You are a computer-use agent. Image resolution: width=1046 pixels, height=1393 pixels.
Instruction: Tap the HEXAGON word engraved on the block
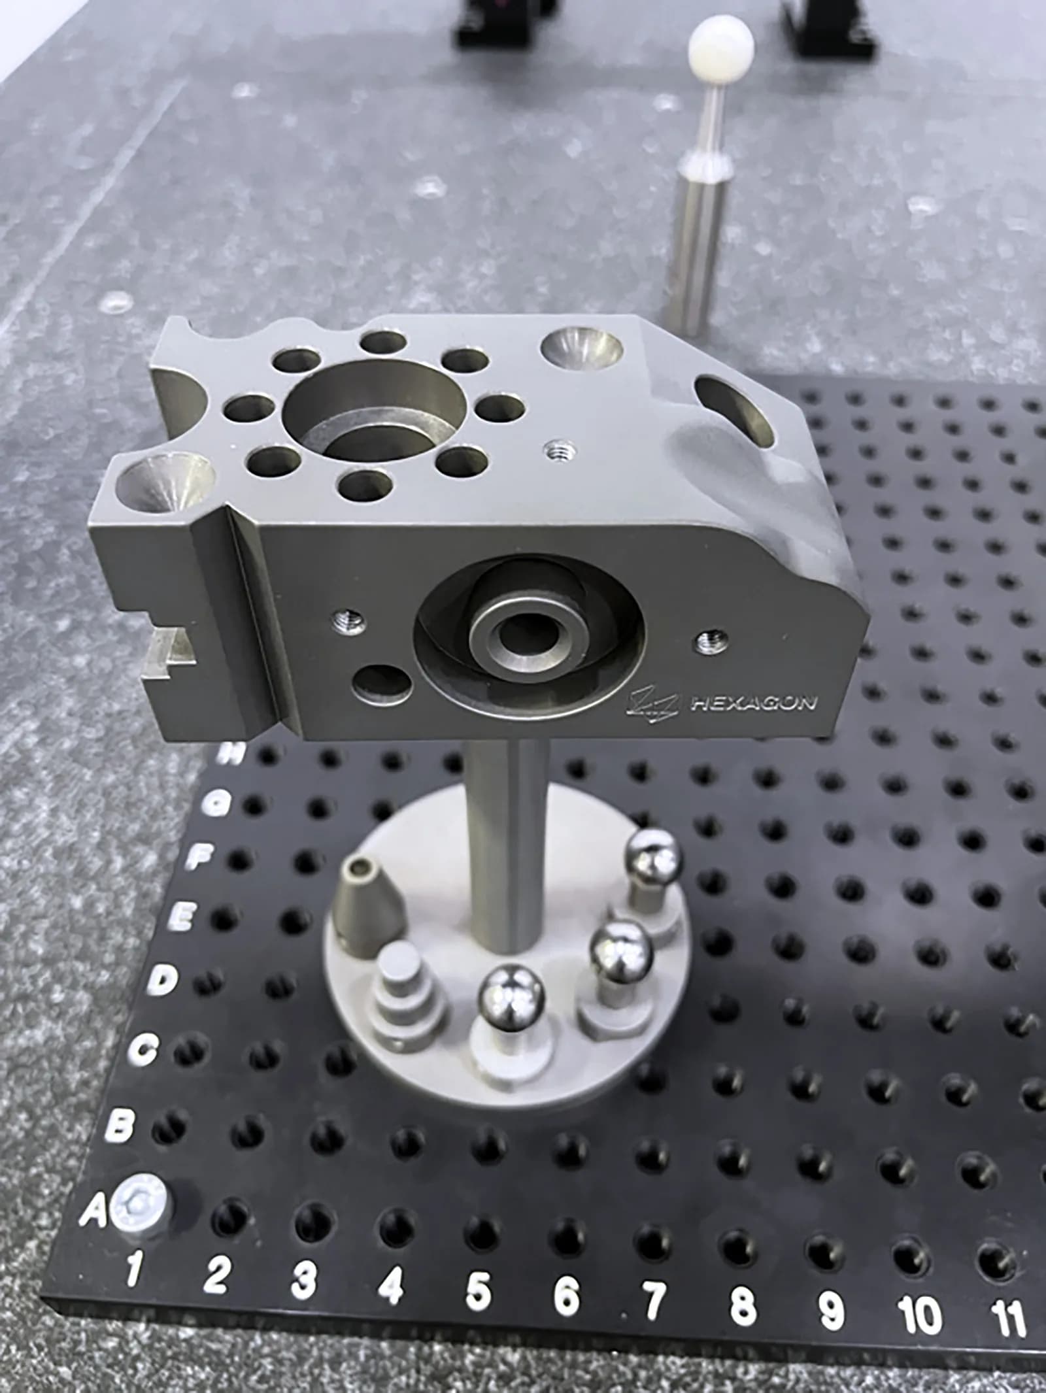pos(753,704)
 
